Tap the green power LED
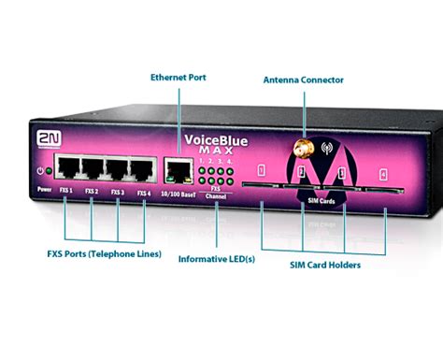click(40, 171)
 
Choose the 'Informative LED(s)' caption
click(218, 258)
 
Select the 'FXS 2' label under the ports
click(92, 193)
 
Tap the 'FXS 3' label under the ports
click(117, 193)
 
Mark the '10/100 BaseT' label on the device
click(177, 194)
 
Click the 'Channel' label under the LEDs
click(216, 198)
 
